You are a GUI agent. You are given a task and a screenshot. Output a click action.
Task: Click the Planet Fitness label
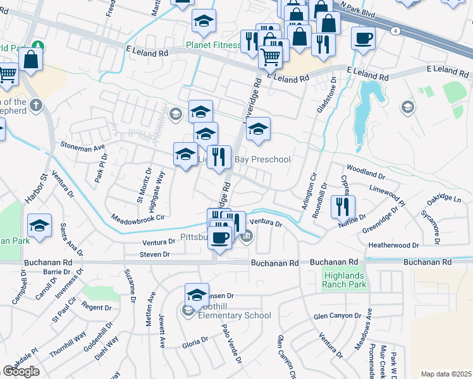click(x=212, y=45)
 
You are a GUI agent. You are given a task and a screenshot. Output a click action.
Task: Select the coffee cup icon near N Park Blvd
click(x=363, y=38)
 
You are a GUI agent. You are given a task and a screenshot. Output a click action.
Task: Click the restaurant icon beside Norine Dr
click(x=342, y=206)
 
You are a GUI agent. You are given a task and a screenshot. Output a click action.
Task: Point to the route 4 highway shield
click(x=395, y=30)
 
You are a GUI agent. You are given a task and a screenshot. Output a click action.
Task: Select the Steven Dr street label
click(x=155, y=254)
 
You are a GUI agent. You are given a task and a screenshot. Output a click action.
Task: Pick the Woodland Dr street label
click(x=362, y=171)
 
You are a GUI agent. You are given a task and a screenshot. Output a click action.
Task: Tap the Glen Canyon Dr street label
click(x=337, y=316)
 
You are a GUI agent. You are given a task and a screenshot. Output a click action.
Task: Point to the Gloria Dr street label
click(x=195, y=342)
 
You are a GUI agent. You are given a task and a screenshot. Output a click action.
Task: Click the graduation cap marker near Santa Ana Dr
click(x=39, y=226)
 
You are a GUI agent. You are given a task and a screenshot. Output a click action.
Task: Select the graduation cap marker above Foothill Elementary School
click(x=197, y=294)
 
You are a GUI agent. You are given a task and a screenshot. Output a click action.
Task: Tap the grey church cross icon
click(x=36, y=104)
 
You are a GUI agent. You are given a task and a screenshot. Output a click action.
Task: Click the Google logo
click(x=21, y=371)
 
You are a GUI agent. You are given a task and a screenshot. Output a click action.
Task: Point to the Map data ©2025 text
click(x=446, y=374)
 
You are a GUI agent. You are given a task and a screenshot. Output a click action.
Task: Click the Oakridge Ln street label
click(x=445, y=198)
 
